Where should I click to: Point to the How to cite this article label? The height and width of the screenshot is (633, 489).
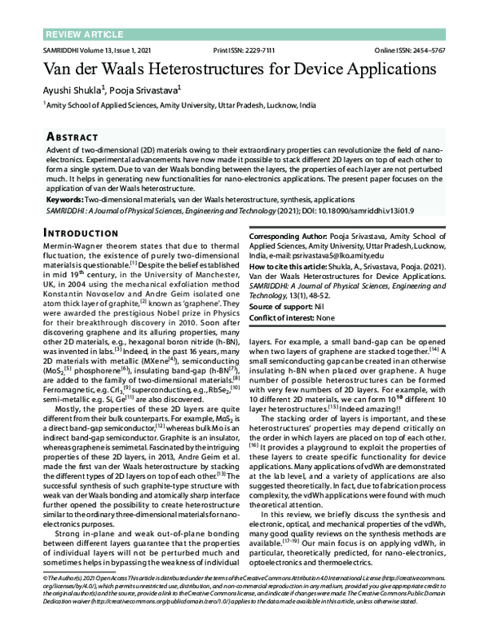coord(291,266)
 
